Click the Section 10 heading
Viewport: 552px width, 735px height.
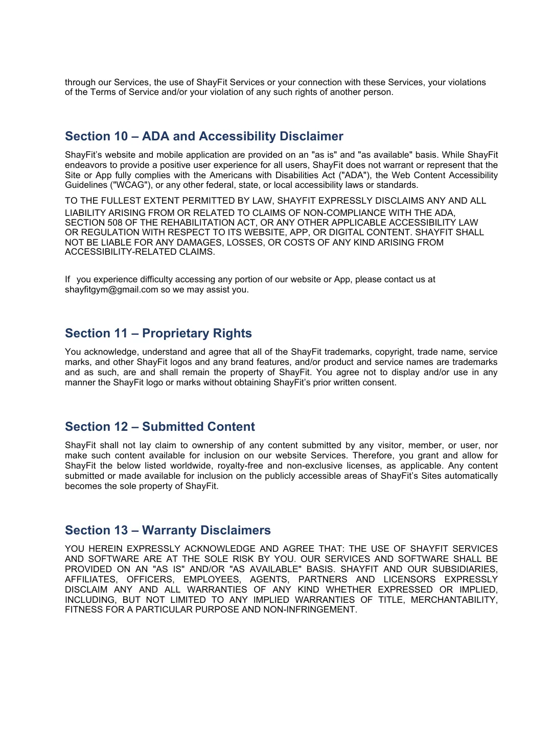(x=204, y=136)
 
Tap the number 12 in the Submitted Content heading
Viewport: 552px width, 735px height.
(x=121, y=427)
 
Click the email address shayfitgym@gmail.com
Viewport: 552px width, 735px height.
(x=111, y=289)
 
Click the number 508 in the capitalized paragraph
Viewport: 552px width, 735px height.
(x=115, y=223)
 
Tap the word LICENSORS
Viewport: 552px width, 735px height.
(x=409, y=579)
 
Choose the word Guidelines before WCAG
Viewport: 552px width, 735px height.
(x=85, y=185)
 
